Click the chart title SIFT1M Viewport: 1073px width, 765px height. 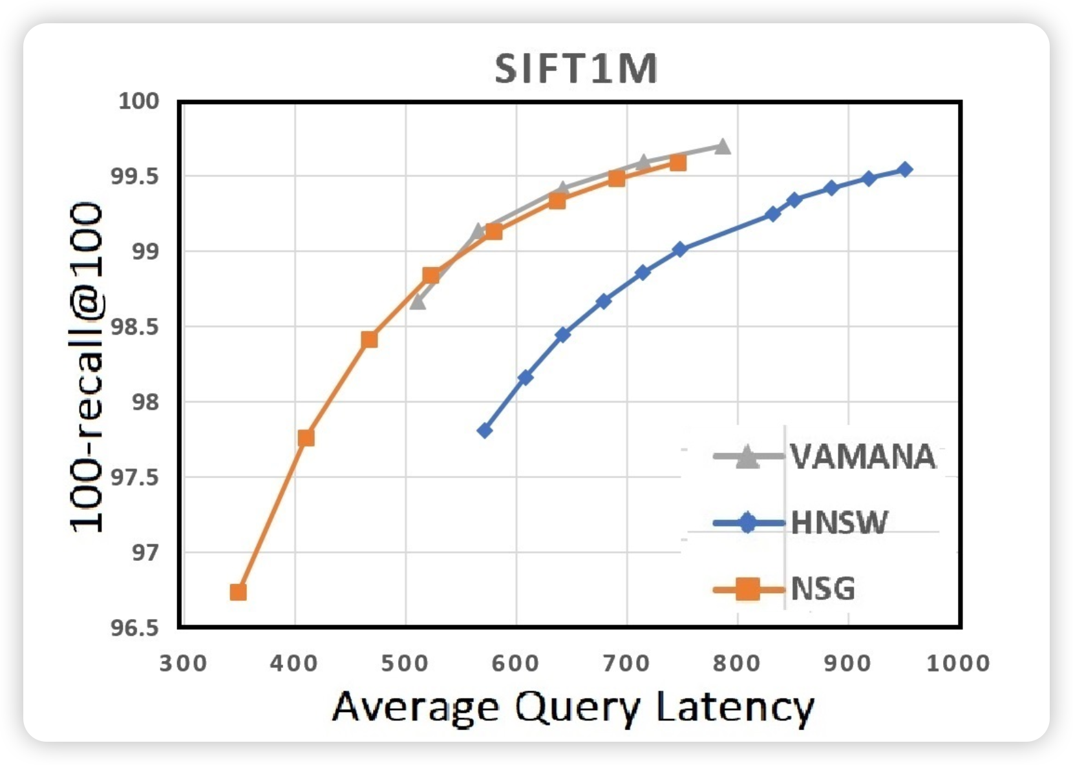point(576,69)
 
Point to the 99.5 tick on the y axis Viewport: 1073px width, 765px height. point(134,176)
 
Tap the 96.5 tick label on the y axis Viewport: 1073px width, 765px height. point(134,628)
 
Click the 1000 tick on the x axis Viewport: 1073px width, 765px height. point(958,664)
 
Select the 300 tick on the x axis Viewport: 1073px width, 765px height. point(184,664)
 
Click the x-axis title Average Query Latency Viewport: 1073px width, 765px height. point(573,707)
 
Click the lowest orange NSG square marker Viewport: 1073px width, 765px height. point(238,592)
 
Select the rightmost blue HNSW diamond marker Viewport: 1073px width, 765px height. point(906,169)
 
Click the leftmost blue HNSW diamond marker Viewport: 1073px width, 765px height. point(485,430)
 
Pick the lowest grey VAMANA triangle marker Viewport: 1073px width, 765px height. point(418,301)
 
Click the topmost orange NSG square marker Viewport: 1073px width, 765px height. point(677,163)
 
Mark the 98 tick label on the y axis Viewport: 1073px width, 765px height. point(145,403)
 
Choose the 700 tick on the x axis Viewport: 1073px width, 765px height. point(627,664)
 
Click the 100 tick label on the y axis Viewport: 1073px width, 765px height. point(138,101)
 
